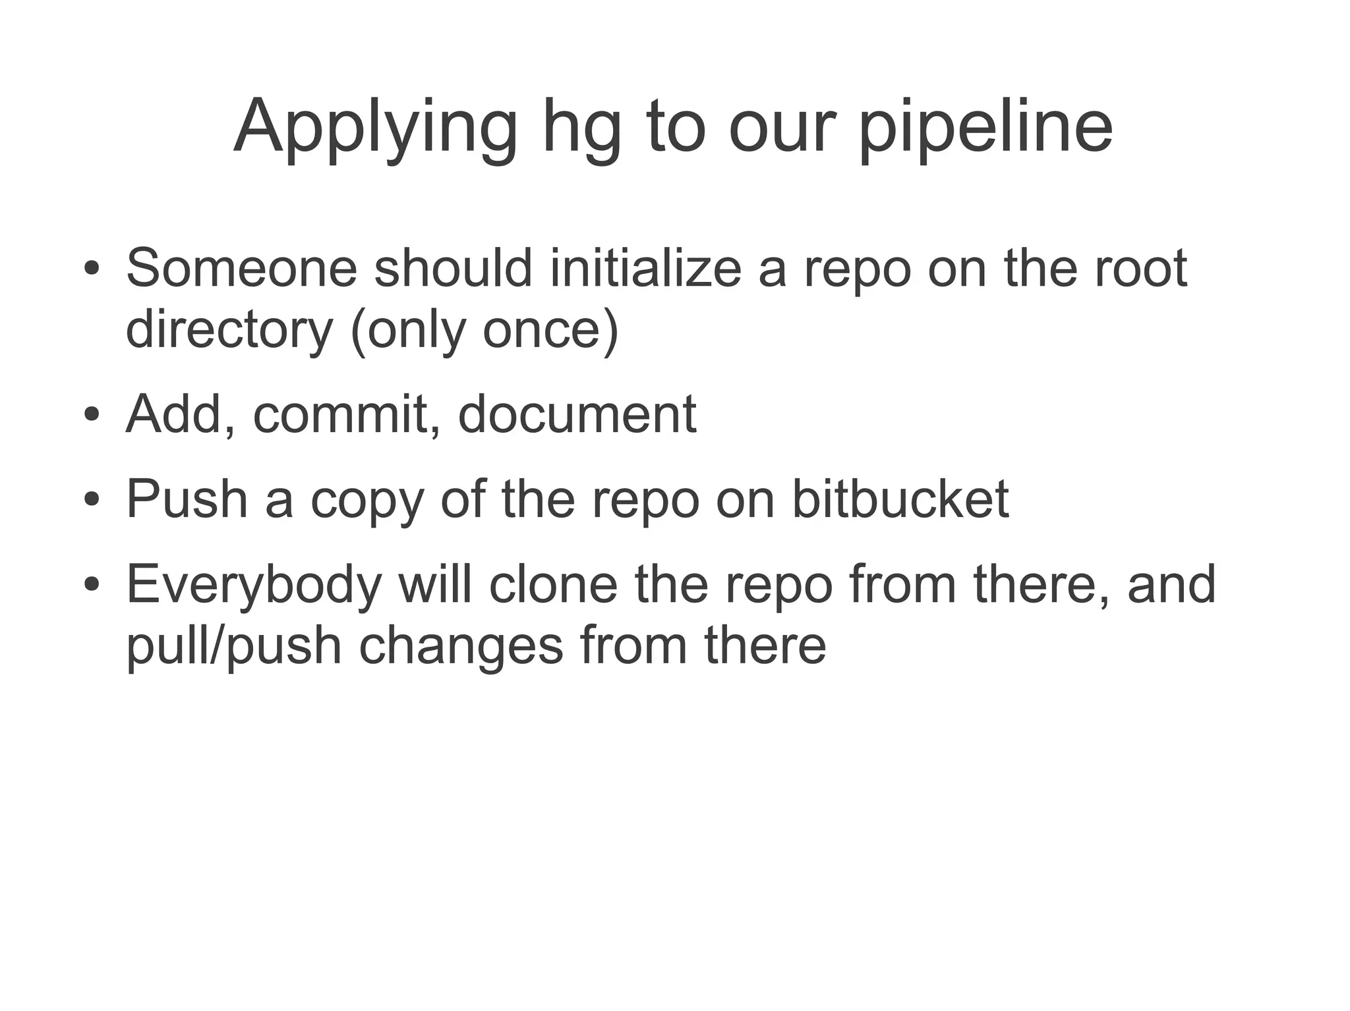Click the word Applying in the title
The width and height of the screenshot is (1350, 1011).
click(x=376, y=128)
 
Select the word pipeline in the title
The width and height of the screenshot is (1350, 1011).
click(x=986, y=128)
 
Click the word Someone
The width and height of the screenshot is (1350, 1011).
click(x=241, y=268)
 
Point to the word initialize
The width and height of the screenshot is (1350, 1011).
click(x=646, y=268)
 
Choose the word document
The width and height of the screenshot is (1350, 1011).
click(x=577, y=414)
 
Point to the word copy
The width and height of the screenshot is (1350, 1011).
click(x=367, y=501)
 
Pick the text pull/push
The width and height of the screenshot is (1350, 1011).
click(x=234, y=647)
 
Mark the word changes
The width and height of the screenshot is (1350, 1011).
click(x=461, y=647)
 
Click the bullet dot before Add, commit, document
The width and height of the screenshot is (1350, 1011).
click(x=92, y=416)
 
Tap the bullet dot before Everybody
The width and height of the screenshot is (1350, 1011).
click(x=92, y=585)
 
